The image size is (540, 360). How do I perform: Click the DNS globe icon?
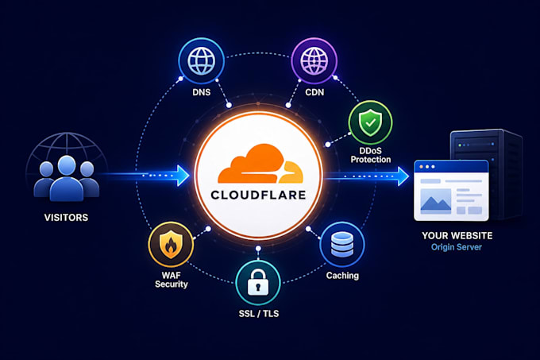202,61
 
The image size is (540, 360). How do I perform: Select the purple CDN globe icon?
314,61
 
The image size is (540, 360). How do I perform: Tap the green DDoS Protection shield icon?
370,122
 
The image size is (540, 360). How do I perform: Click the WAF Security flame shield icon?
171,244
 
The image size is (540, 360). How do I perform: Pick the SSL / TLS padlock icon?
258,283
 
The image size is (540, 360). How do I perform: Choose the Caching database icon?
342,245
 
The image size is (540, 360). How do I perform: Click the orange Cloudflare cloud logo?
260,164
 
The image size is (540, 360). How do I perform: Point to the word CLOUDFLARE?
258,195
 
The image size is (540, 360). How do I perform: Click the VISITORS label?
66,218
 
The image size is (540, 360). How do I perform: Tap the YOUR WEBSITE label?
457,236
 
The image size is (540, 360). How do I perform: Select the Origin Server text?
457,247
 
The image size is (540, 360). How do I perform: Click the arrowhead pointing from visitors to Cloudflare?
183,176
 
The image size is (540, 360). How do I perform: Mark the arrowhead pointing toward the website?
403,176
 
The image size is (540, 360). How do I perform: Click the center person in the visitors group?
67,179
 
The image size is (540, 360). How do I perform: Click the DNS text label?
202,92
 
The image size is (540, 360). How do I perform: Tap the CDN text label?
314,92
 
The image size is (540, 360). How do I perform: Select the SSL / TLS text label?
259,313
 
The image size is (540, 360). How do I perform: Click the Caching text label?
342,276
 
